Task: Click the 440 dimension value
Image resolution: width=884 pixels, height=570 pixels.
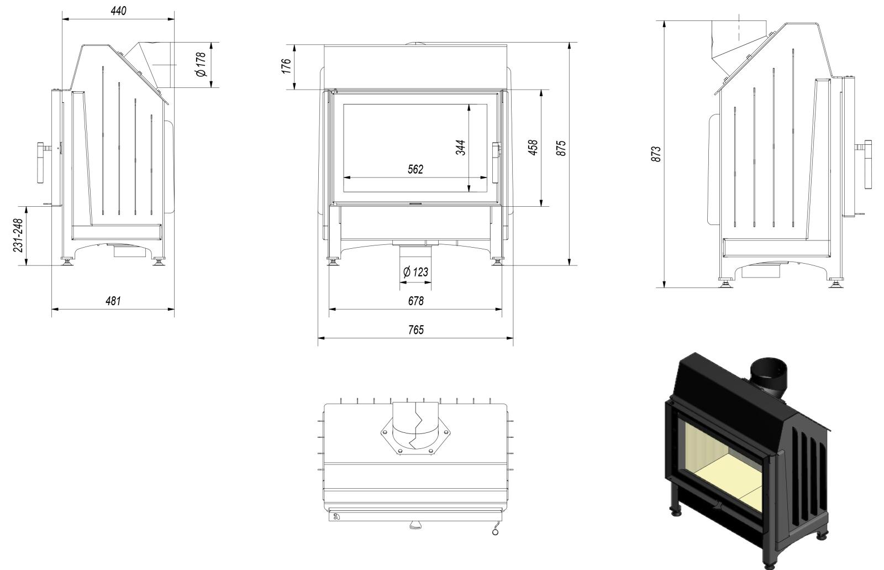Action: point(118,11)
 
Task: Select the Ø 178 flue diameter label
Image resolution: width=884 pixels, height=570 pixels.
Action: point(201,64)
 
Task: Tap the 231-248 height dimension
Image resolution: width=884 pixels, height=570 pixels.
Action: point(18,236)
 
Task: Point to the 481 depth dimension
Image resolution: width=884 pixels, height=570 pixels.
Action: point(113,301)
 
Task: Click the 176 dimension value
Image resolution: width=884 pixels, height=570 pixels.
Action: point(286,66)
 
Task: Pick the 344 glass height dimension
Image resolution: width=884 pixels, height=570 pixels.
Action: point(461,147)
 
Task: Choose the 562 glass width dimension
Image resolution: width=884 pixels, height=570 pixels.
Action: point(415,169)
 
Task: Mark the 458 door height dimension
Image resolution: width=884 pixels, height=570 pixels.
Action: point(533,148)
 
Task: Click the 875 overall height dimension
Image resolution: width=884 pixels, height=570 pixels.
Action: point(561,148)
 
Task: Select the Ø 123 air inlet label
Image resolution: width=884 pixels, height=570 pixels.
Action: point(415,272)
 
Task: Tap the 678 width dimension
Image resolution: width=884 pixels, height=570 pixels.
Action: point(415,301)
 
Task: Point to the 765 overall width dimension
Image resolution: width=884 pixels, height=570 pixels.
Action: point(415,330)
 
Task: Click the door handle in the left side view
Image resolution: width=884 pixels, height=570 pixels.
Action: point(41,163)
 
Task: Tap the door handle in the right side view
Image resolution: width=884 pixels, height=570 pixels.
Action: point(867,164)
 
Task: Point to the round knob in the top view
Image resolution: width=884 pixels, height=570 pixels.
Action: point(494,532)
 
